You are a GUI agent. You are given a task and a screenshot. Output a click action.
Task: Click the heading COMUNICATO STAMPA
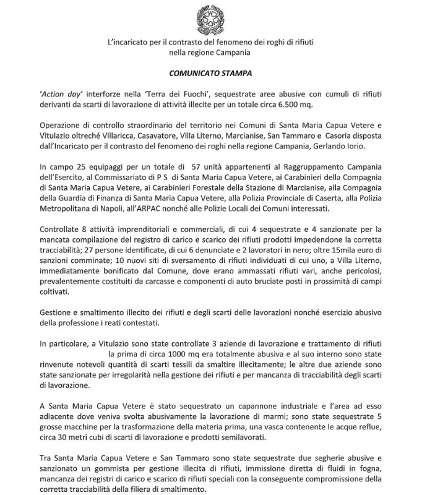coord(210,72)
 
